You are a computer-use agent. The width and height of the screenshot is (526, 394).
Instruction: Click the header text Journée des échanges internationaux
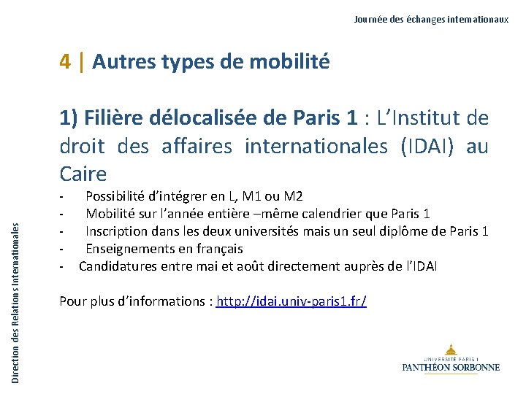point(431,20)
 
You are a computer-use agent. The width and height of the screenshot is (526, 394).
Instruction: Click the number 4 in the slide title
point(66,62)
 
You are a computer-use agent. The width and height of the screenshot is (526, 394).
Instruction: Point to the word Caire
point(83,174)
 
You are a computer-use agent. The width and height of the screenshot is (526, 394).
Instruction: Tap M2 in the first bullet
point(292,196)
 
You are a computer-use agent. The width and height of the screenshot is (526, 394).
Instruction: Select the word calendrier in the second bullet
point(319,214)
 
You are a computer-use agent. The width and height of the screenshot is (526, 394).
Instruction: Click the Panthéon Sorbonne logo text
point(451,367)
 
